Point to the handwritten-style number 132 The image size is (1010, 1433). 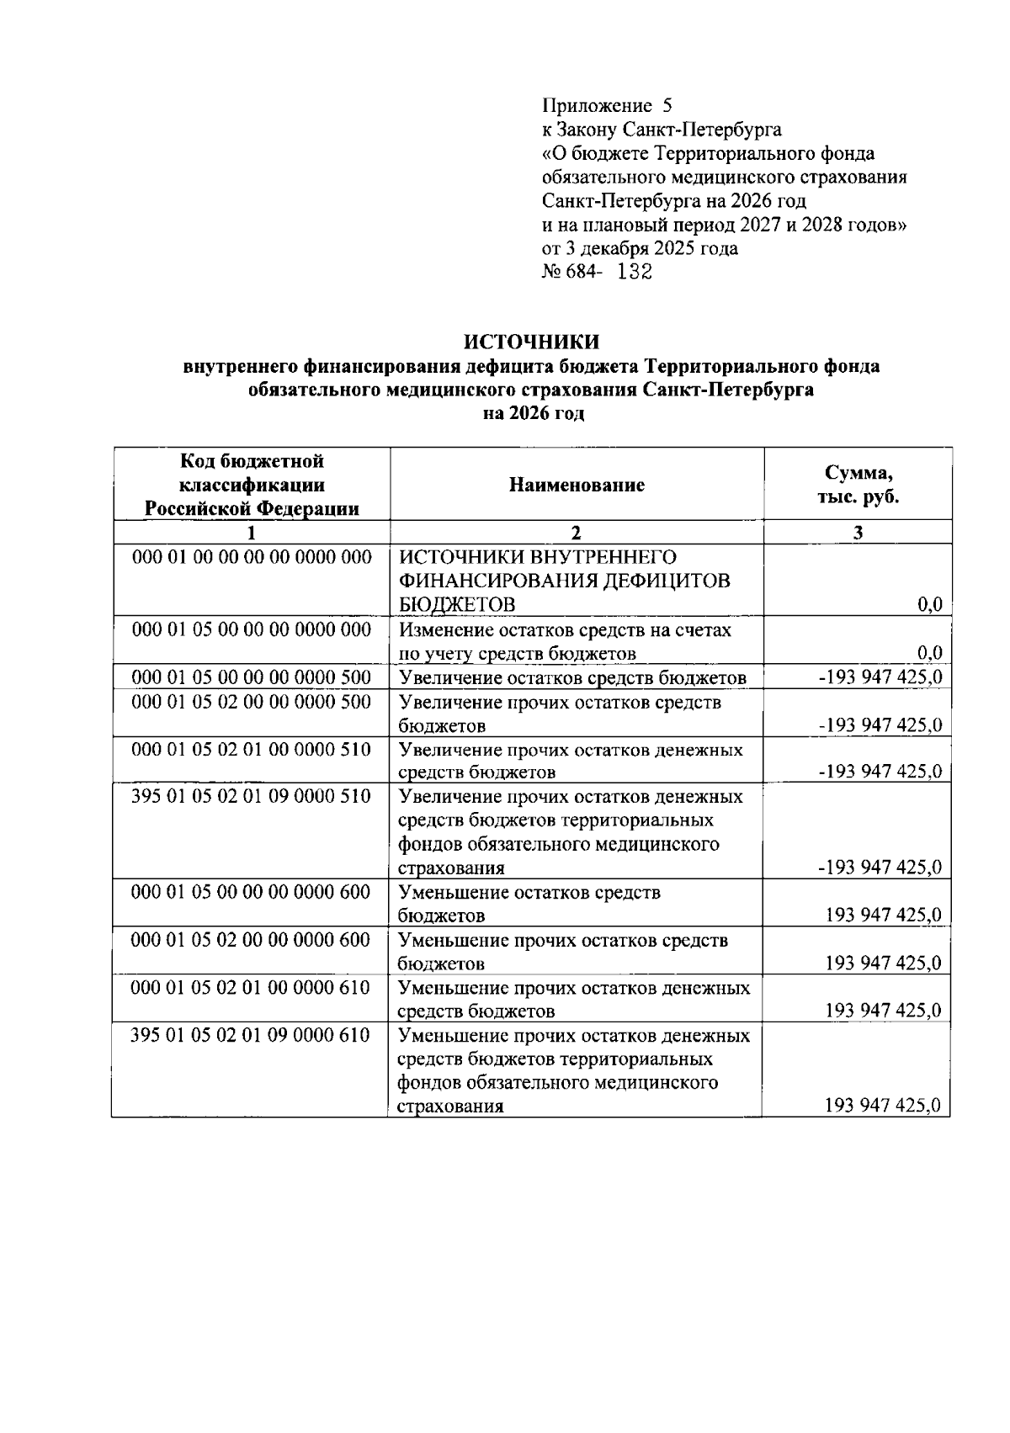(635, 273)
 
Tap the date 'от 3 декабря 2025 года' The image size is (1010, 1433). (640, 249)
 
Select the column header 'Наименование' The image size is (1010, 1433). (577, 486)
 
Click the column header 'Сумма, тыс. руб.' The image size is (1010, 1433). (858, 486)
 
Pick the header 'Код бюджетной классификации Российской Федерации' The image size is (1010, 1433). (252, 486)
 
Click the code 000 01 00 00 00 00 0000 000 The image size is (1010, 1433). (252, 558)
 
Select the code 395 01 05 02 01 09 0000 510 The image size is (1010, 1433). (252, 796)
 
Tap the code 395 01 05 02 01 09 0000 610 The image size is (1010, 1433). (251, 1035)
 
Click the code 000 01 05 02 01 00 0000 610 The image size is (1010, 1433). (251, 987)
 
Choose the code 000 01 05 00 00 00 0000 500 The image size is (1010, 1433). (252, 677)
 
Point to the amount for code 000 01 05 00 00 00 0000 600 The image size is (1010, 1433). (883, 916)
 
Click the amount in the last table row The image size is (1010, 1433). (883, 1107)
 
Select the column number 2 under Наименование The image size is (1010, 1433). (576, 533)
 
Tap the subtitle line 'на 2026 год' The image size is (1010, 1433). (533, 414)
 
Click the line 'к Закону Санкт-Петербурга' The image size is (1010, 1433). (662, 130)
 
